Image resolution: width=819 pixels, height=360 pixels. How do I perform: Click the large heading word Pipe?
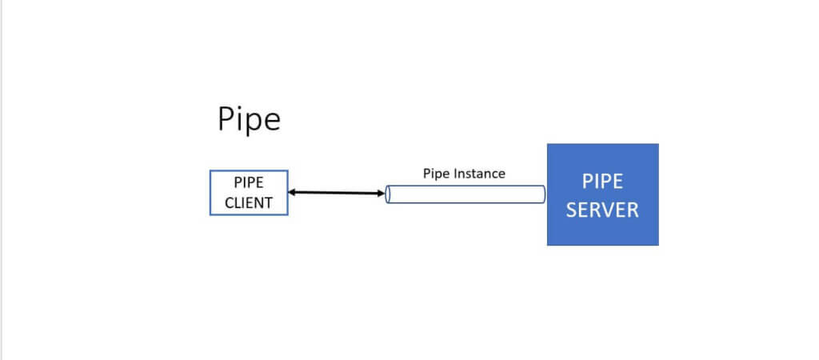250,120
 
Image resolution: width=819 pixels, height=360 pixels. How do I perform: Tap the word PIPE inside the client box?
249,183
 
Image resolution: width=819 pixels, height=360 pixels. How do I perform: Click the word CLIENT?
249,202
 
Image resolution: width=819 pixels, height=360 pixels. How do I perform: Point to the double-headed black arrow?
337,193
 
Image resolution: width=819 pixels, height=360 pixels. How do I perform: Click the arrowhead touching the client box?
292,192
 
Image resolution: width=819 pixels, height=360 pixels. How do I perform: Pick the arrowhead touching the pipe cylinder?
382,194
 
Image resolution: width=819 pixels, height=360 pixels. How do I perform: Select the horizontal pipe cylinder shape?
465,194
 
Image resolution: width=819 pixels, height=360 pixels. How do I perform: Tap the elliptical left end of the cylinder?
388,194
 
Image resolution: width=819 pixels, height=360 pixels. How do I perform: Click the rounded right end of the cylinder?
543,194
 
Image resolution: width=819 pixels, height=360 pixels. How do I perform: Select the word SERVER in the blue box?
602,210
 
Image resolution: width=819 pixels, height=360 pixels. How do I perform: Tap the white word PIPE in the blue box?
602,182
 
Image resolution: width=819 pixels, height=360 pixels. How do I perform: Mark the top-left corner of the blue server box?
547,144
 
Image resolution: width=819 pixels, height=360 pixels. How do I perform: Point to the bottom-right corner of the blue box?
658,245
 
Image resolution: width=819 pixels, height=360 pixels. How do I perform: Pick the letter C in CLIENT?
230,202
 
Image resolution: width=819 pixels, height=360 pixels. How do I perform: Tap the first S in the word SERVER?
572,210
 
